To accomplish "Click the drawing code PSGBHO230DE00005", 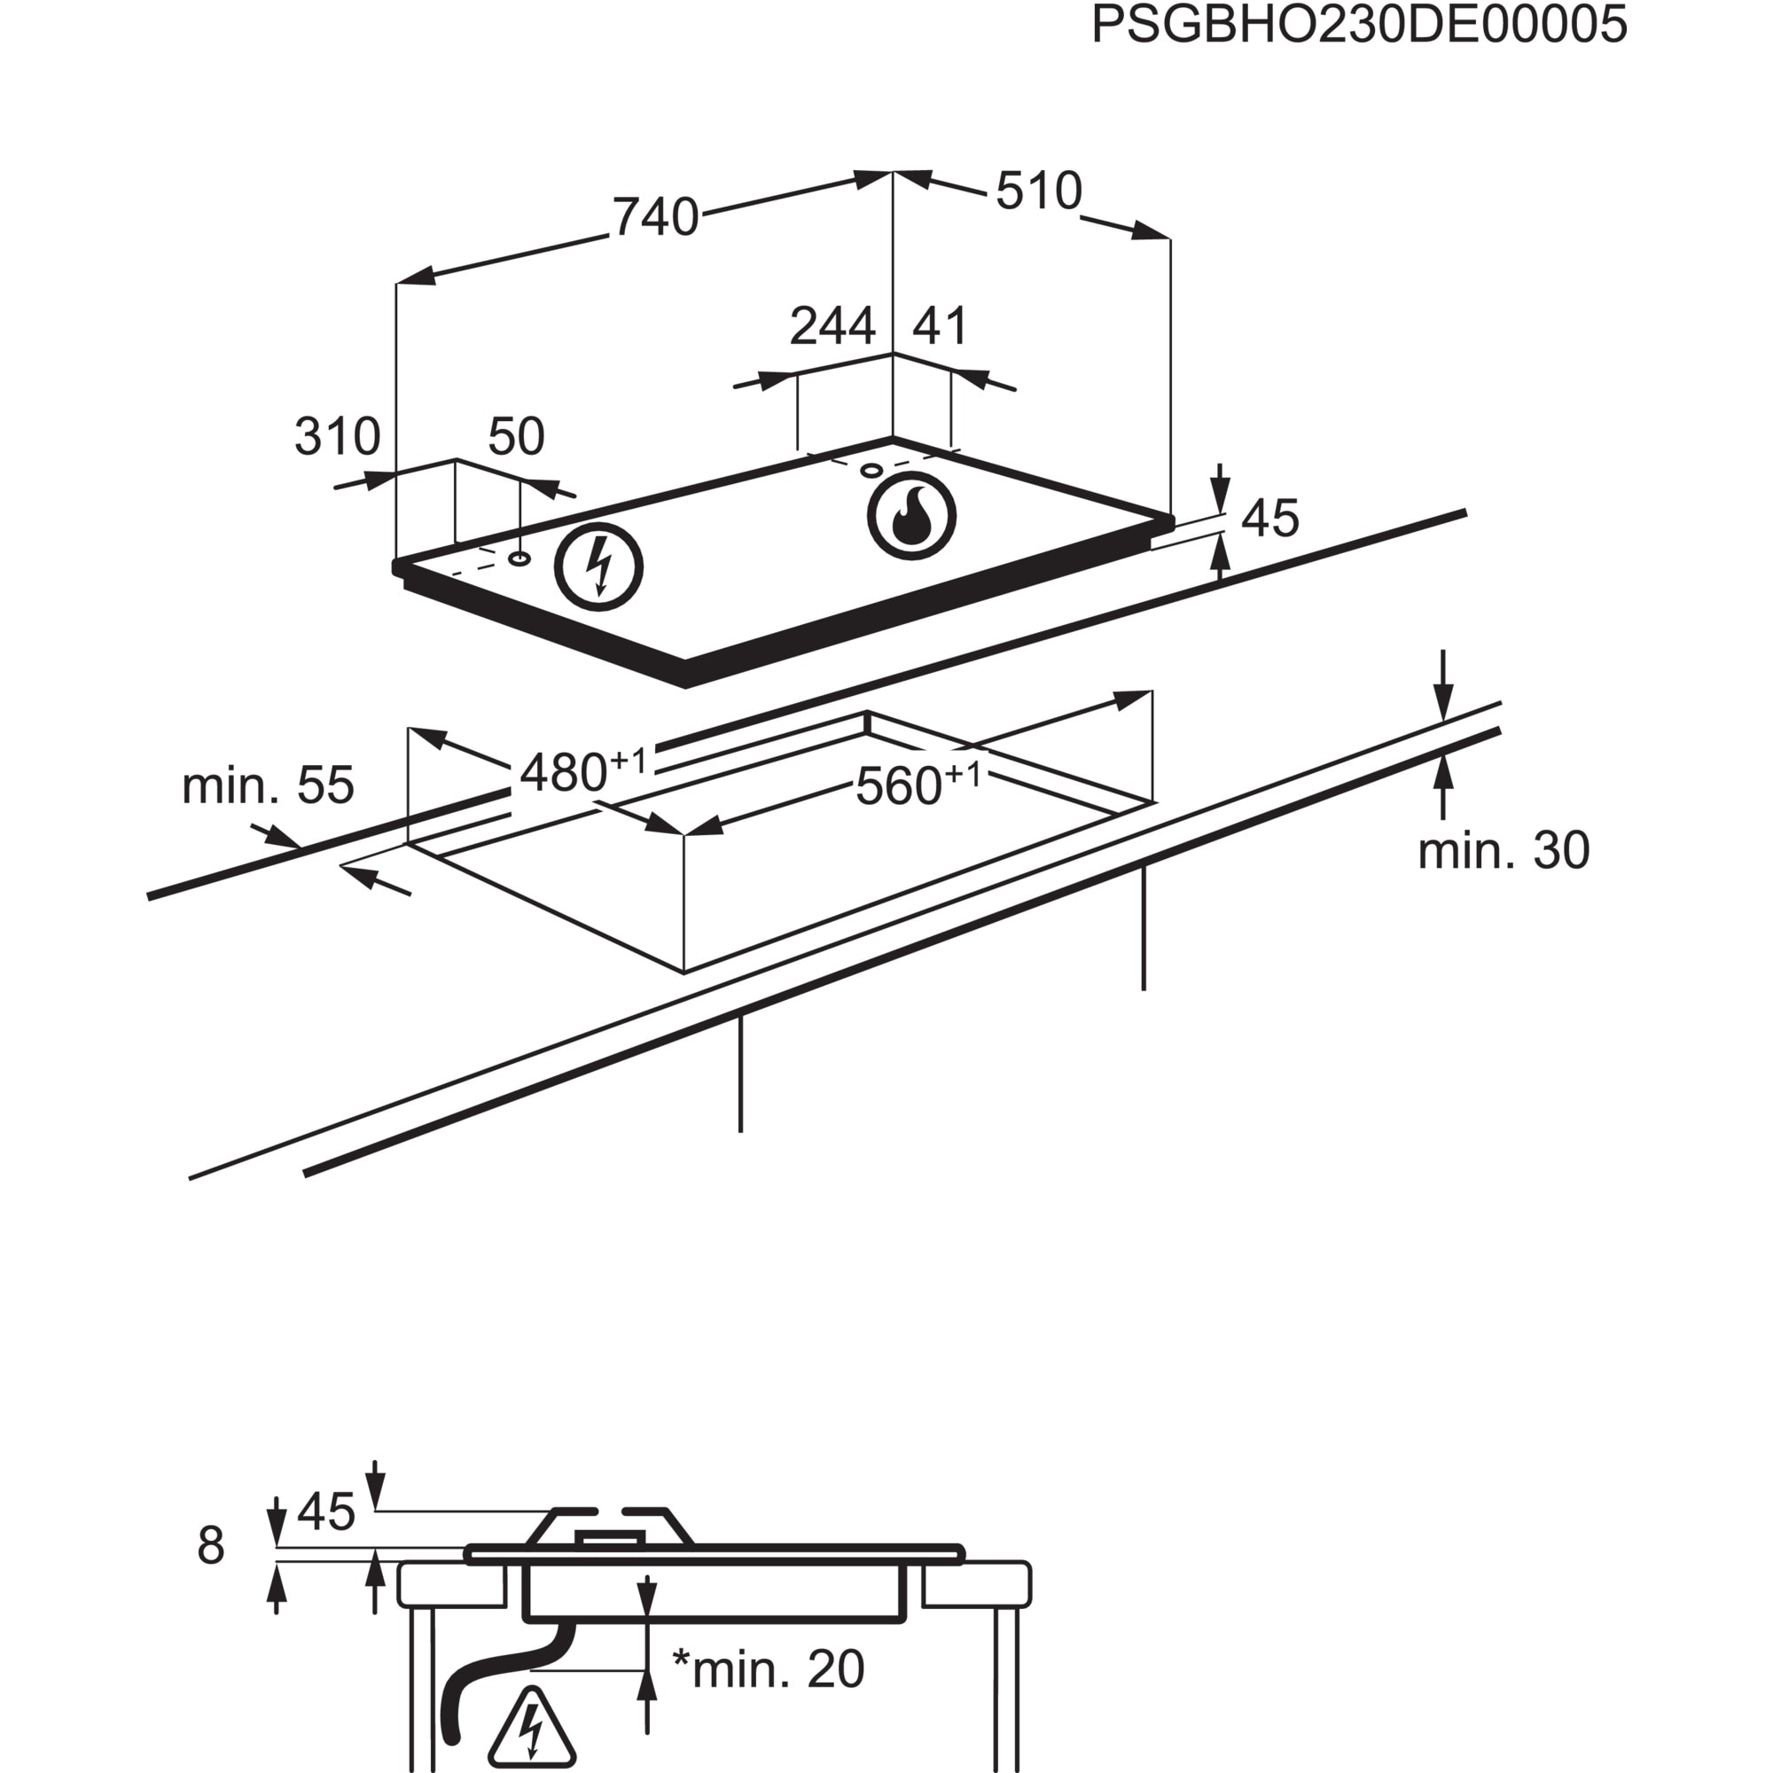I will (x=1358, y=26).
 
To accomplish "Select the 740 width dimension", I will (x=655, y=217).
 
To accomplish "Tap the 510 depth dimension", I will (x=1039, y=191).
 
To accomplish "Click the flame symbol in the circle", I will (x=911, y=516).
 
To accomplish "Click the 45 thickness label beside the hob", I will (x=1270, y=519).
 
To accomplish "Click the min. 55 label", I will (x=267, y=785).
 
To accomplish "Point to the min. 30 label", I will (x=1504, y=851).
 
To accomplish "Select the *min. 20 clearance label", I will (x=768, y=1668).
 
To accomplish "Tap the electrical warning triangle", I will (x=531, y=1728).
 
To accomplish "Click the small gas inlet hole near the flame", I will (x=871, y=471).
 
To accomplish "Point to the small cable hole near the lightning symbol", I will (x=519, y=558).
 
